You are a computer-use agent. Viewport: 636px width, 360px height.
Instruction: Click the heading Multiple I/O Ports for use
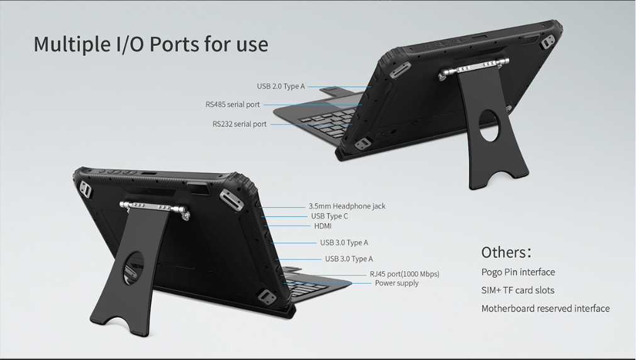click(151, 44)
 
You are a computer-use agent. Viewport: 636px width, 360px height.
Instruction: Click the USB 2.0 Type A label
click(281, 86)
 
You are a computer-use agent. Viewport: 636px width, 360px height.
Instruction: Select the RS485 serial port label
click(232, 104)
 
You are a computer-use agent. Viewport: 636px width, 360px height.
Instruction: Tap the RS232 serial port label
click(239, 124)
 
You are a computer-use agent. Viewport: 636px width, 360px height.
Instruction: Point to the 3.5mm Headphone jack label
click(347, 206)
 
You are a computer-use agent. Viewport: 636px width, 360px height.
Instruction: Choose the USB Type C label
click(330, 217)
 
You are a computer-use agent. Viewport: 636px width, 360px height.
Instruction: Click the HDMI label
click(323, 226)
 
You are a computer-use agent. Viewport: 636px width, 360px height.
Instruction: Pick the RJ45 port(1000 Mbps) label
click(404, 274)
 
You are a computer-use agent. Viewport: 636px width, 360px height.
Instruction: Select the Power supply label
click(397, 283)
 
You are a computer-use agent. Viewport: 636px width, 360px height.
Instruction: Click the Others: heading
click(506, 252)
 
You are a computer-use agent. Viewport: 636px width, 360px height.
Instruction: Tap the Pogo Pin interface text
click(518, 272)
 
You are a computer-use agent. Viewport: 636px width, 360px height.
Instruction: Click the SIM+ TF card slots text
click(518, 290)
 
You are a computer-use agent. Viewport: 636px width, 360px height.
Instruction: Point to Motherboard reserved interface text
click(545, 308)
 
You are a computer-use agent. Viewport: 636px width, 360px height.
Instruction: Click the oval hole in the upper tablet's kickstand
click(490, 125)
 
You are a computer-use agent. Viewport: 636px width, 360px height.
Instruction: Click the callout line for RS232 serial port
click(311, 124)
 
